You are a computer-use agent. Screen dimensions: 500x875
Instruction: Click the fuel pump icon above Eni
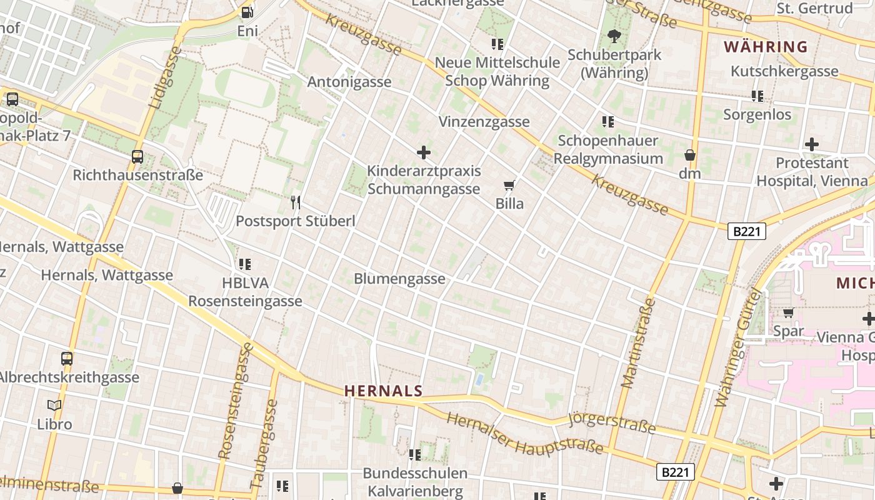click(247, 12)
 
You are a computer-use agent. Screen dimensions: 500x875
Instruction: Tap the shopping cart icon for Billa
click(509, 185)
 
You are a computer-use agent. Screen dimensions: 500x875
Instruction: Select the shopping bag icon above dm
click(690, 155)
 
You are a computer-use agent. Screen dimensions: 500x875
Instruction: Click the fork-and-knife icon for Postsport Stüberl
click(296, 202)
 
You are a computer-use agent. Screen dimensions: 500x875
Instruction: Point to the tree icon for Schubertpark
click(614, 36)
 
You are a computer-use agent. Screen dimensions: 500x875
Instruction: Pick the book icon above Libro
click(54, 405)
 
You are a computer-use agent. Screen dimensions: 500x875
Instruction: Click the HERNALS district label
click(384, 391)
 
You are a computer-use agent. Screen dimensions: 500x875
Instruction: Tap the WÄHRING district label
click(766, 47)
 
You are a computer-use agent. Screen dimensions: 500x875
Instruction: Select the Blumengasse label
click(400, 279)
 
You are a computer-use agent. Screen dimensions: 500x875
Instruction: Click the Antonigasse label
click(349, 82)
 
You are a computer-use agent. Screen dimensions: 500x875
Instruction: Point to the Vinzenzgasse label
click(484, 122)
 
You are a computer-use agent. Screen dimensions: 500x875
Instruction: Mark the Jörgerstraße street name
click(612, 422)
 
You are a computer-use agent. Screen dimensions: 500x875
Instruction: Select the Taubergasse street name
click(264, 444)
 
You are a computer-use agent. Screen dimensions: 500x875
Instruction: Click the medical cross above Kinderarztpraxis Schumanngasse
click(424, 152)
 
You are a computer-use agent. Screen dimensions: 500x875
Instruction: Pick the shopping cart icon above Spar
click(789, 312)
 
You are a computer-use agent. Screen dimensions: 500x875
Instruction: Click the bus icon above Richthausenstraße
click(137, 157)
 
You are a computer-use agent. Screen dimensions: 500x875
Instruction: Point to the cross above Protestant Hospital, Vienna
click(812, 145)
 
